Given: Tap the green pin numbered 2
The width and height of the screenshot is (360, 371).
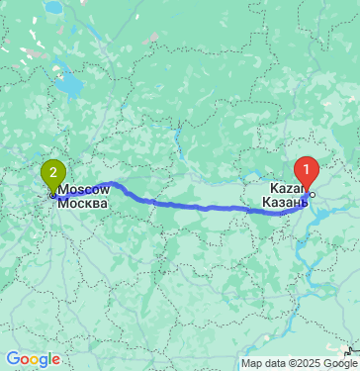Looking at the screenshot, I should pyautogui.click(x=51, y=174).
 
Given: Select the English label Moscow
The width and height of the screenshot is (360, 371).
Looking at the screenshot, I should pyautogui.click(x=82, y=188).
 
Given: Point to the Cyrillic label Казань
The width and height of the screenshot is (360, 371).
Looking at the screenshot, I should pyautogui.click(x=286, y=202).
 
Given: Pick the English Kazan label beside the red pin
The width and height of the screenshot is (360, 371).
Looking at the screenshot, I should pyautogui.click(x=284, y=188).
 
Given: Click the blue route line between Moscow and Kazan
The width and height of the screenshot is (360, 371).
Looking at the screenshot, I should pyautogui.click(x=198, y=206).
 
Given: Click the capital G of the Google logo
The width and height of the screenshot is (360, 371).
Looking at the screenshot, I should pyautogui.click(x=13, y=359).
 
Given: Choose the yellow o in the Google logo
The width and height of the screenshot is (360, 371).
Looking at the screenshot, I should pyautogui.click(x=35, y=360).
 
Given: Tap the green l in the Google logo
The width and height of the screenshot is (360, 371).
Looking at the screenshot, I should pyautogui.click(x=52, y=358).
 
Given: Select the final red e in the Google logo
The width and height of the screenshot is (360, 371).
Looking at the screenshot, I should pyautogui.click(x=58, y=360).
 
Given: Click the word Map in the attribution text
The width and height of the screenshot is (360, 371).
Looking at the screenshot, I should pyautogui.click(x=252, y=363).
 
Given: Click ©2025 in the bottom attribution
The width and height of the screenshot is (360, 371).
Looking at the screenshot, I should pyautogui.click(x=308, y=363).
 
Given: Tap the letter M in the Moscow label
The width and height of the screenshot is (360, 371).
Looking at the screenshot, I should pyautogui.click(x=63, y=188).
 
